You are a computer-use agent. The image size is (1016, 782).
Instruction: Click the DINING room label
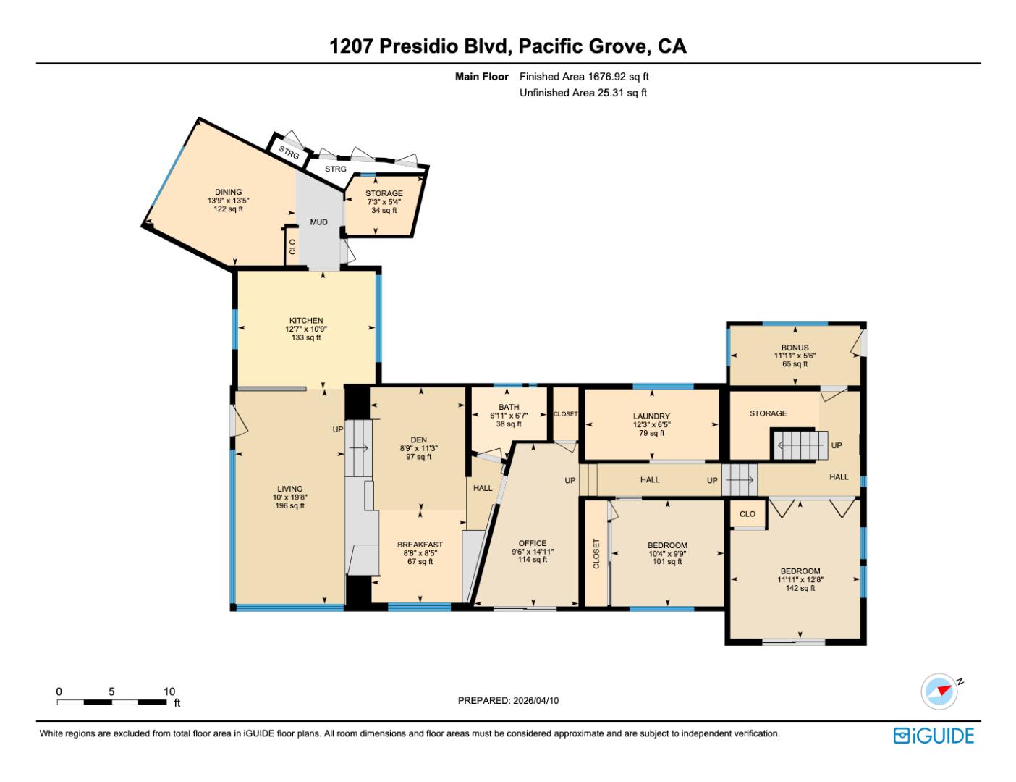coord(228,192)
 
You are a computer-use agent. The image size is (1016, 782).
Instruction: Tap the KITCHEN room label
coord(306,321)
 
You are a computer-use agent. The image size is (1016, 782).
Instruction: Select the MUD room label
coord(319,222)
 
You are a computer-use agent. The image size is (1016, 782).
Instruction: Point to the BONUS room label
coord(795,348)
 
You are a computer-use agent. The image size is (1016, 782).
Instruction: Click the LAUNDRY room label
coord(651,416)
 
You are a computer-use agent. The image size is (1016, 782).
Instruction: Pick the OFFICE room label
coord(533,543)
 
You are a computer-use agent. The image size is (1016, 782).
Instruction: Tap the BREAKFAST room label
coord(420,545)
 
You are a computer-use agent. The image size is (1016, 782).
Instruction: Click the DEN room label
coord(418,440)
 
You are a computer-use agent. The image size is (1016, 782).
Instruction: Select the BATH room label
coord(509,407)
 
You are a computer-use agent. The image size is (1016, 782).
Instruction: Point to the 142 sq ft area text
coord(800,588)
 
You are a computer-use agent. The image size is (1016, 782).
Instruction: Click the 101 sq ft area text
coord(667,562)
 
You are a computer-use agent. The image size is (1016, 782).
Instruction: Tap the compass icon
coord(939,691)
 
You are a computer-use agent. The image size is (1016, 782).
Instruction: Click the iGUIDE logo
coord(934,736)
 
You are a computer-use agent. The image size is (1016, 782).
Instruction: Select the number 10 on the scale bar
coord(169,691)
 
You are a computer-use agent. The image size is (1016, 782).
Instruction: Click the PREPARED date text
coord(508,700)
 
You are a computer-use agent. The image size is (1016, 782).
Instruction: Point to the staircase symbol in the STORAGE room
coord(800,445)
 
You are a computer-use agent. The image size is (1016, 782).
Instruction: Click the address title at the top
coord(508,46)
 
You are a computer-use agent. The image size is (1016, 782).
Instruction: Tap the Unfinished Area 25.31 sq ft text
coord(583,93)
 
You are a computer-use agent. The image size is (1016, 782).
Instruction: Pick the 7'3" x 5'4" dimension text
coord(384,202)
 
